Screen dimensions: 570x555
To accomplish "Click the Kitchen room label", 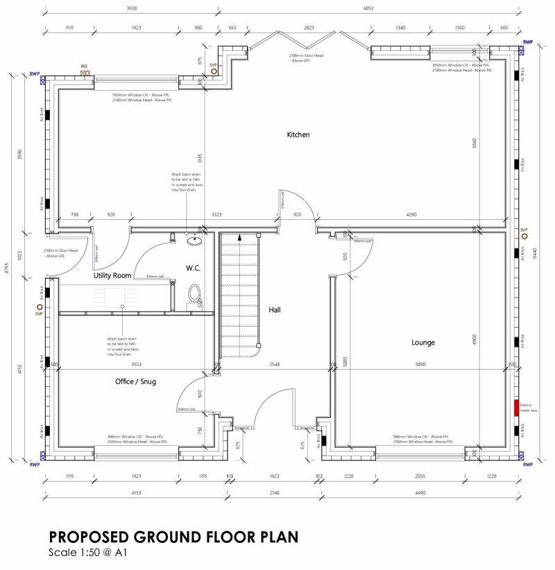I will [x=298, y=135].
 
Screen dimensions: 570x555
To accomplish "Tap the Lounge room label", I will [x=422, y=343].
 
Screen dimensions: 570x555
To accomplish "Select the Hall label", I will [x=275, y=310].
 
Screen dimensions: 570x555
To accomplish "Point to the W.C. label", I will [x=193, y=268].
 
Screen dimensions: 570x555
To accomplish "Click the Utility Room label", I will [x=112, y=275].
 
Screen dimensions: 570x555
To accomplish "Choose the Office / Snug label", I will [x=135, y=381].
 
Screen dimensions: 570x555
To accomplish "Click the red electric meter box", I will [x=516, y=408].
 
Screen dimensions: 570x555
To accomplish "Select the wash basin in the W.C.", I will [x=195, y=241].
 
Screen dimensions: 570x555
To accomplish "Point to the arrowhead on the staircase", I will [x=239, y=237].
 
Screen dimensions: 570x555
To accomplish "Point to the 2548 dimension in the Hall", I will [x=275, y=364].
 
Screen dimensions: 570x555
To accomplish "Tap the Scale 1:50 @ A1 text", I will [x=87, y=553].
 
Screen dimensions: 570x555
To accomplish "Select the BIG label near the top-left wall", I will [x=84, y=66].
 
